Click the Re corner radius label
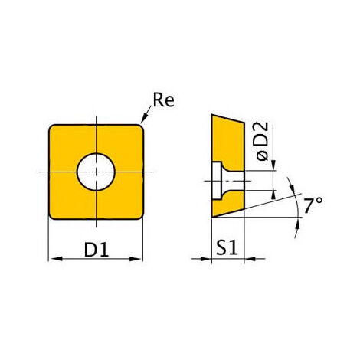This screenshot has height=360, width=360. point(163,100)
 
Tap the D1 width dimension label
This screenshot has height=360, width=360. point(97,250)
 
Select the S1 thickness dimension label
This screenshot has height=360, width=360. point(227,247)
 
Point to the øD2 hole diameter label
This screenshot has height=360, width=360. point(263,141)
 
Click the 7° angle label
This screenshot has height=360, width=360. point(313,205)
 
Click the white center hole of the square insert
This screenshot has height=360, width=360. point(96,172)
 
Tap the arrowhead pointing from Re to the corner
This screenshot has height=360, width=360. point(144,118)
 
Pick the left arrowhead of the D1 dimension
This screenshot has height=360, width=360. point(56,259)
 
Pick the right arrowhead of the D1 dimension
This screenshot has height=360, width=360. point(136,259)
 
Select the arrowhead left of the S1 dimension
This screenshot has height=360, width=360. point(205,259)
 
